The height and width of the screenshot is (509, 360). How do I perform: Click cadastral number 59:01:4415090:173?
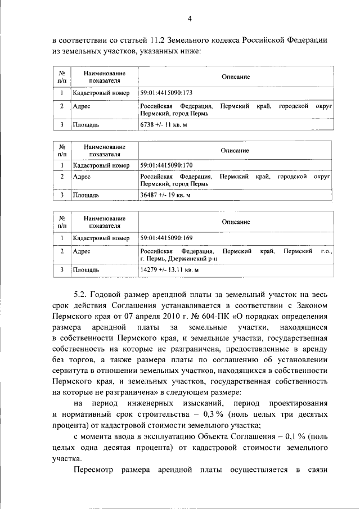point(166,93)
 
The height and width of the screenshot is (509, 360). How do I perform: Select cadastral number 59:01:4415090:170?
point(166,165)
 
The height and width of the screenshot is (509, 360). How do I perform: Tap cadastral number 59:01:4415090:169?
point(167,238)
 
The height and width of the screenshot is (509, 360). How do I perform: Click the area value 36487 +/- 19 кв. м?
point(166,195)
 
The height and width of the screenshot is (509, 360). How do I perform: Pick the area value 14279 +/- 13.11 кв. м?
point(170,270)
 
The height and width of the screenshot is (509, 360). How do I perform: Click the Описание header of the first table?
point(235,77)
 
